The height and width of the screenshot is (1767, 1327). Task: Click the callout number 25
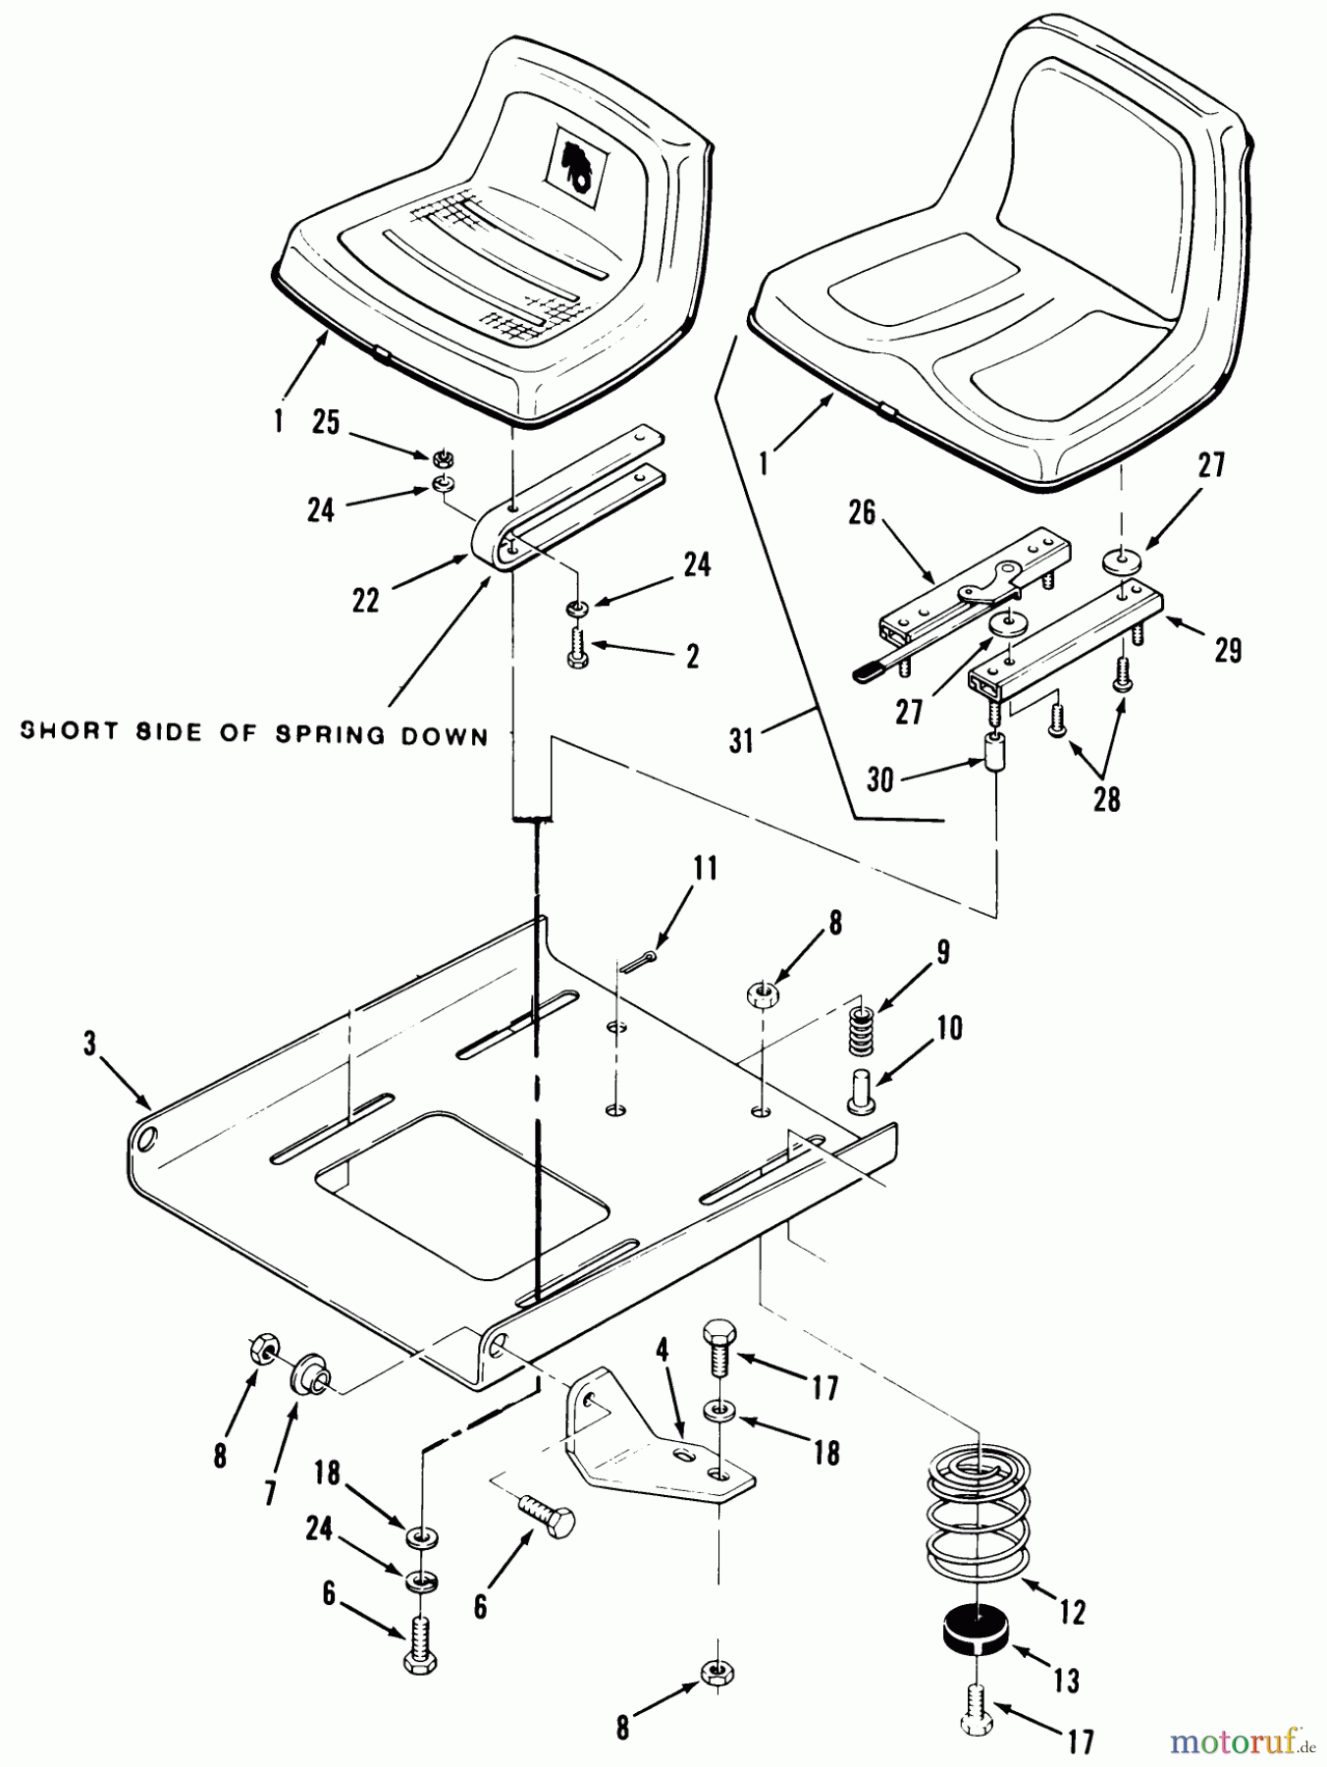pos(325,423)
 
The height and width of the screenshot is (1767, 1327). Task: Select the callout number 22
pos(365,600)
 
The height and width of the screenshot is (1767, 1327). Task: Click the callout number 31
pos(742,739)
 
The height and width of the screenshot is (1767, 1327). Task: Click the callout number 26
pos(861,512)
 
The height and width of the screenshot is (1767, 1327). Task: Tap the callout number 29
pos(1228,649)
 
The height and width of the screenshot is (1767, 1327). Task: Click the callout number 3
pos(90,1045)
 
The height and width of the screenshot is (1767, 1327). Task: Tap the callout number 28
pos(1106,799)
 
